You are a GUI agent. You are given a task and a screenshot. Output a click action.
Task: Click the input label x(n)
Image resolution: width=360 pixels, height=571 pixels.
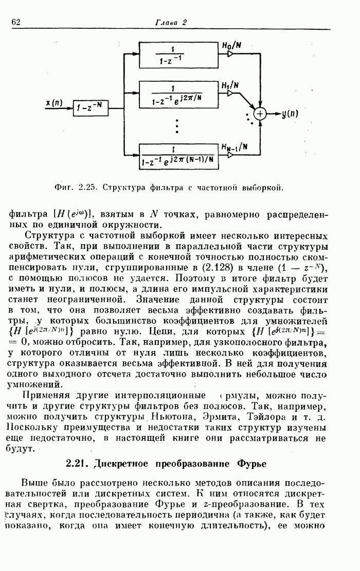click(53, 103)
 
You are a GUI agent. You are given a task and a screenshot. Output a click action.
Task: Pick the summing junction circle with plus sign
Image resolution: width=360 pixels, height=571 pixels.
click(261, 114)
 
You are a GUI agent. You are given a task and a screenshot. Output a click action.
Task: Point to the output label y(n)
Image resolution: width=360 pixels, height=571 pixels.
click(290, 114)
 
